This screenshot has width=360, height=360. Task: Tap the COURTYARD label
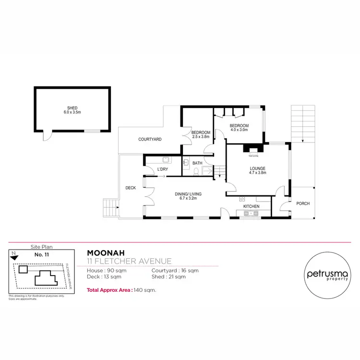150,139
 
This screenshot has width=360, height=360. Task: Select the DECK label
131,188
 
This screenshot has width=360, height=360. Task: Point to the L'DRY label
162,169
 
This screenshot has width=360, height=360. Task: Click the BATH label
197,163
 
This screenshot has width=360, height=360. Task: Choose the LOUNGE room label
257,168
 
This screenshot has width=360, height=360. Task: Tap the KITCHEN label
251,206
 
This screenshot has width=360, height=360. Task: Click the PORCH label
303,204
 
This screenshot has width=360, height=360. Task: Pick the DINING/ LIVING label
188,193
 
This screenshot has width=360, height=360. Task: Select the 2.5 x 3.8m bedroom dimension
201,137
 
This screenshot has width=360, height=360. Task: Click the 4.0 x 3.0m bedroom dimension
239,129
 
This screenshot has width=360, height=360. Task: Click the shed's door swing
47,137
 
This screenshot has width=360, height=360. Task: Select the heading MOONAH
103,252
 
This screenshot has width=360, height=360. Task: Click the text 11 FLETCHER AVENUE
129,261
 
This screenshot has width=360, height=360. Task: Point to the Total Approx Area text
121,290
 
